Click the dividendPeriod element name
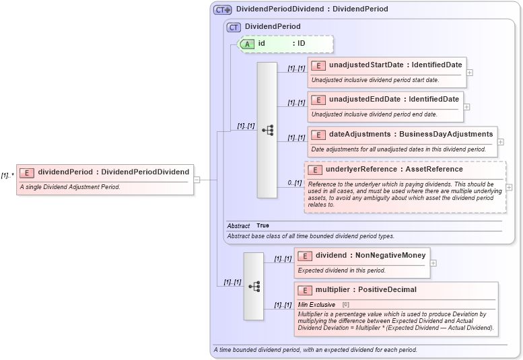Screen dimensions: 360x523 [113, 172]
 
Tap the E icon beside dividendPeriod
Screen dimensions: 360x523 [27, 172]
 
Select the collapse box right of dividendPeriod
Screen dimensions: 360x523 [197, 180]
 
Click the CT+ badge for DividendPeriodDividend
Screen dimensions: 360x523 [222, 9]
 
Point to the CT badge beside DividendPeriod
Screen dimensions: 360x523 [234, 27]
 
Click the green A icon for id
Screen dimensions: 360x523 [247, 44]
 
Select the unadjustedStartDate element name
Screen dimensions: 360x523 [395, 65]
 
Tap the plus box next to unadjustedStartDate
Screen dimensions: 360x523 [469, 72]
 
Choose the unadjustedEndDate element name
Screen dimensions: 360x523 [394, 99]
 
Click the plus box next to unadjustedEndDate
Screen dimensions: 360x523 [466, 106]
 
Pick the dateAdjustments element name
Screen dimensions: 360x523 [411, 134]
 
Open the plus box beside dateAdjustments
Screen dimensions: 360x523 [501, 142]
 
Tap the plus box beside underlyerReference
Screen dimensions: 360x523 [509, 187]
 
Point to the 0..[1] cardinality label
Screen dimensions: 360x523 [294, 182]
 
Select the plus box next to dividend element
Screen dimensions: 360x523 [433, 262]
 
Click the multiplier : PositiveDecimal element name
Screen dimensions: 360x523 [365, 289]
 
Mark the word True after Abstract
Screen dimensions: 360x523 [263, 225]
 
